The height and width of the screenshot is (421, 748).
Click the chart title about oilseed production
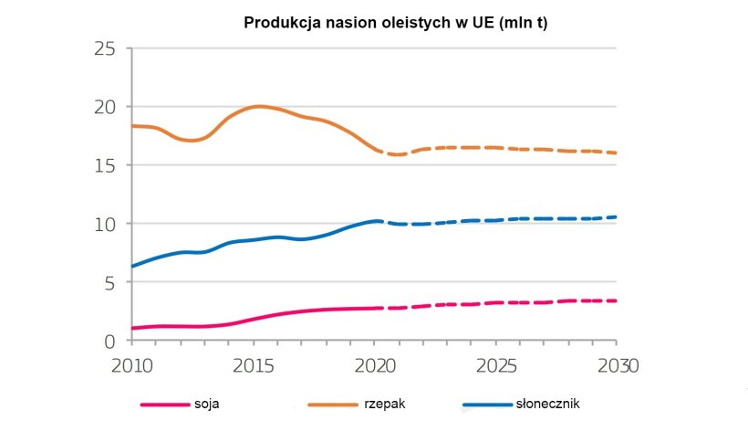pos(395,22)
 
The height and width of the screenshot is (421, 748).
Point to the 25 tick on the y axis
pos(106,48)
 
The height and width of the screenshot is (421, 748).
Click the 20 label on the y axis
pos(106,107)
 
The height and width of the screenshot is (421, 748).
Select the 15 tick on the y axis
pos(106,165)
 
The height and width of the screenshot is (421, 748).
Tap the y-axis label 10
pos(106,224)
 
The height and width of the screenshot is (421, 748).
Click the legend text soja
pos(207,403)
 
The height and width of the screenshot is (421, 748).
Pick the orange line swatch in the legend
pos(332,404)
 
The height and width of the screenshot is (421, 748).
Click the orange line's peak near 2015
pos(258,106)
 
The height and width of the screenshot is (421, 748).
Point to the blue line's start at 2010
pos(133,266)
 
